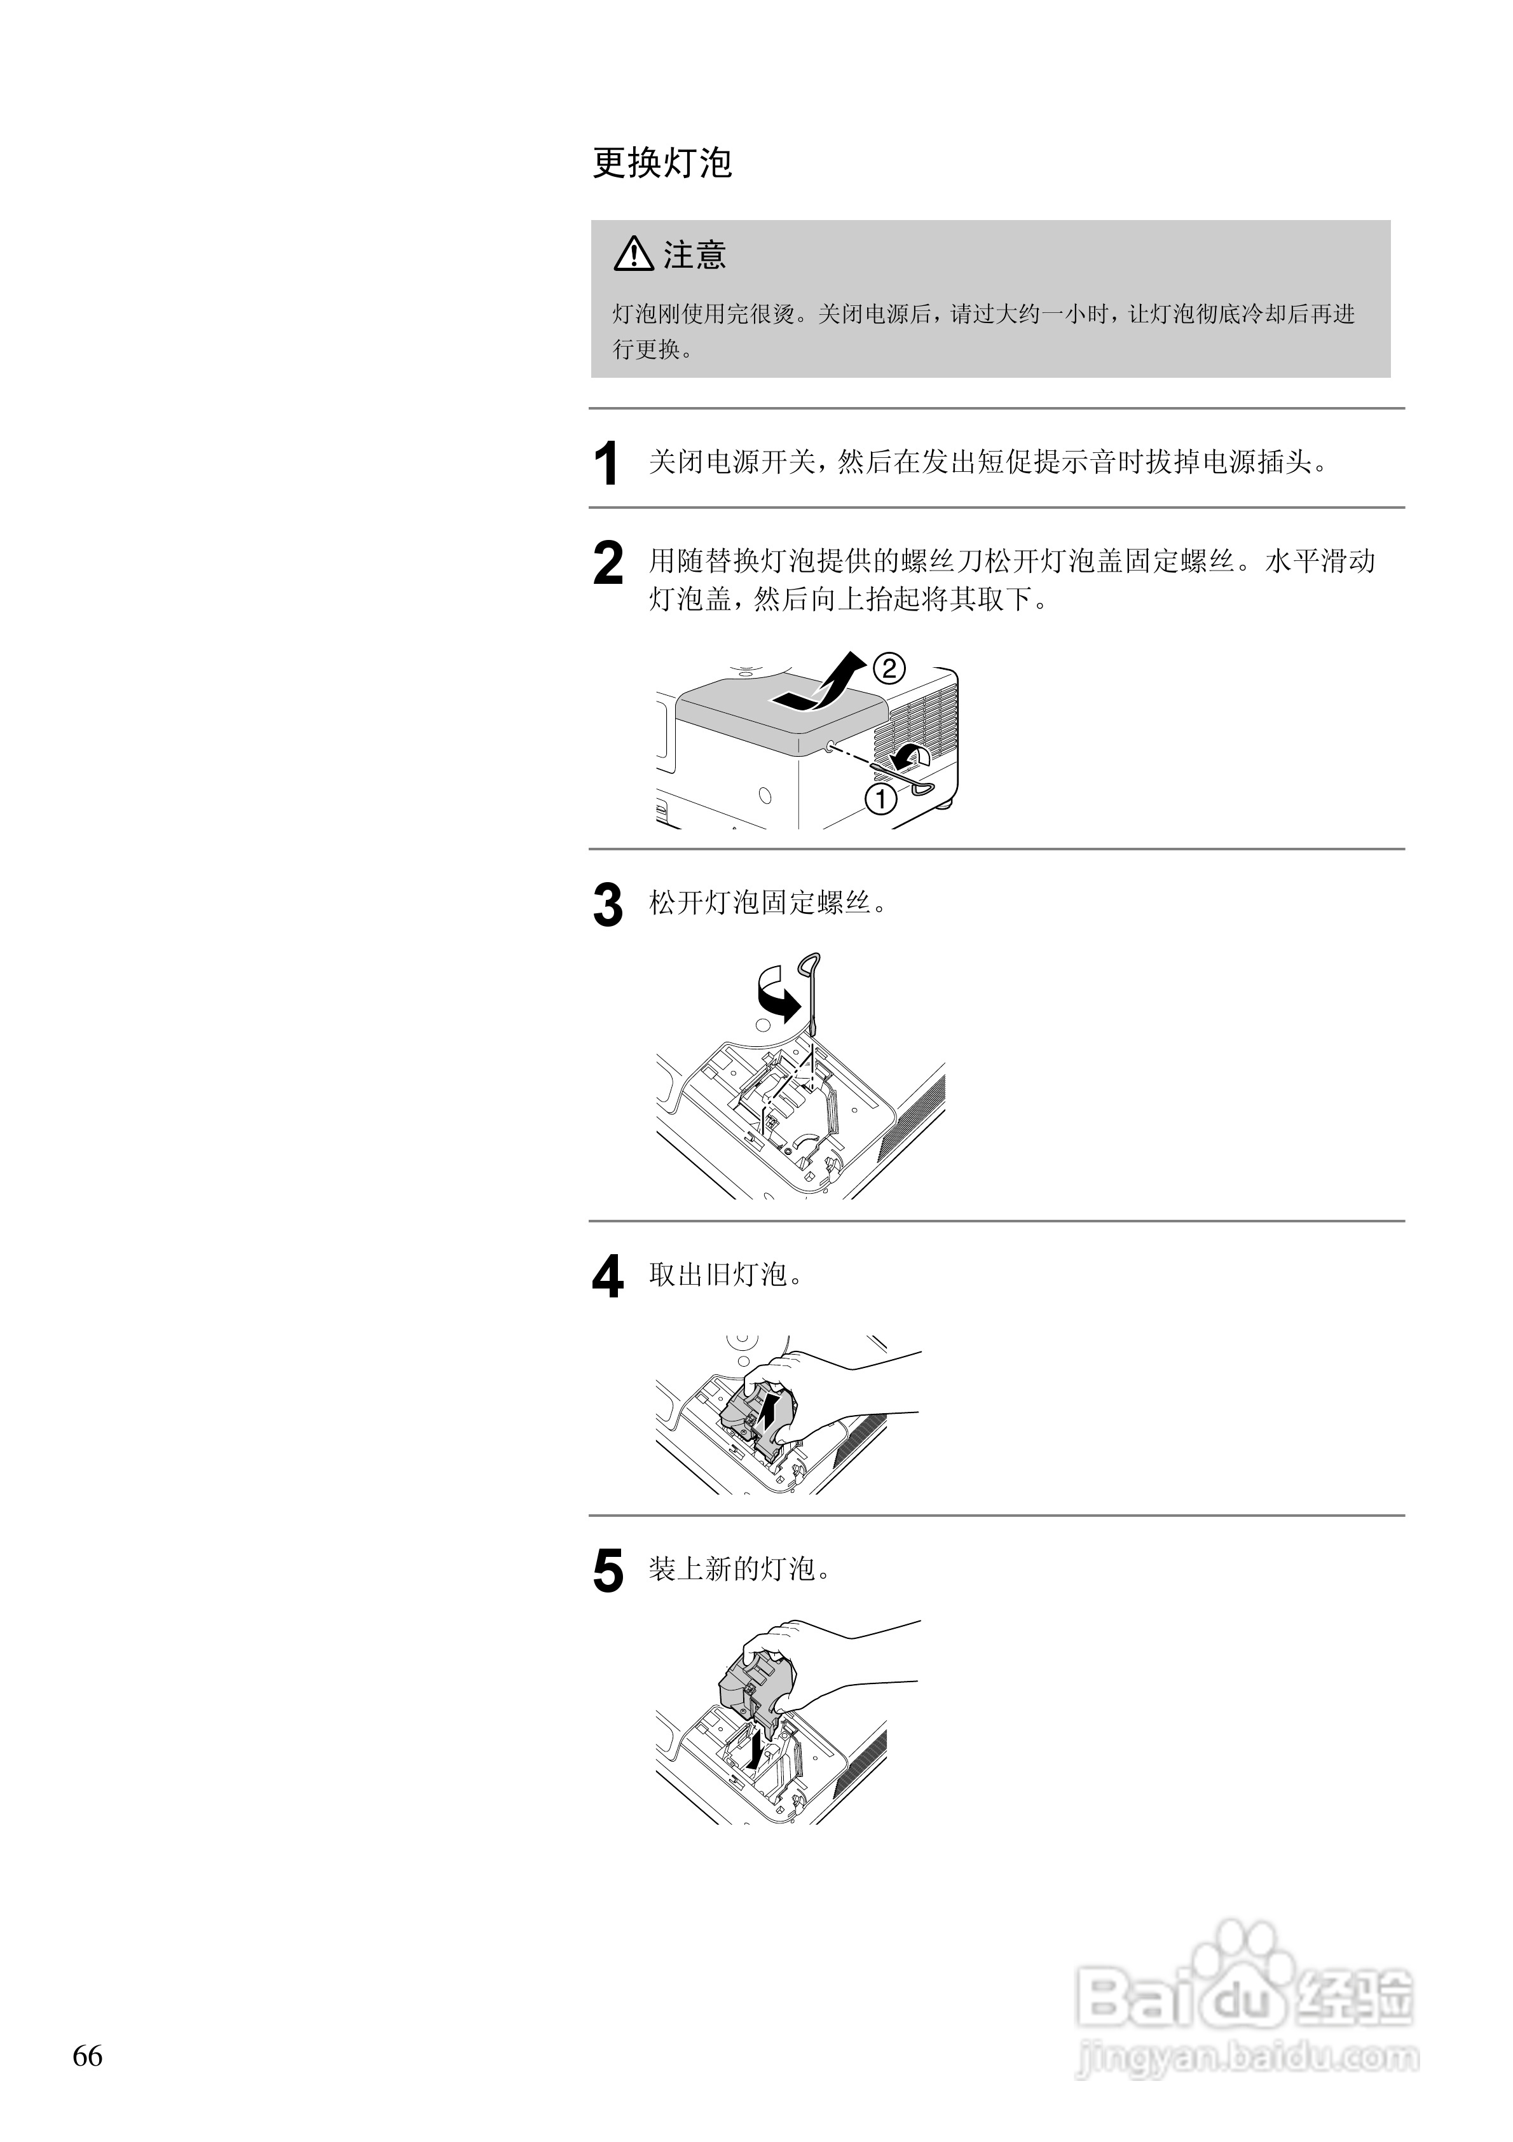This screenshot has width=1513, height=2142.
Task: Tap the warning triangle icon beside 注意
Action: [x=633, y=254]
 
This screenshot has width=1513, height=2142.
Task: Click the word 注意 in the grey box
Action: [x=695, y=254]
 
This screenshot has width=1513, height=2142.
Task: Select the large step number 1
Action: [x=606, y=464]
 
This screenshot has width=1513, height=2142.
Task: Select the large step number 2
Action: [x=608, y=563]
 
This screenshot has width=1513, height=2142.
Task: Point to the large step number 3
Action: [x=608, y=905]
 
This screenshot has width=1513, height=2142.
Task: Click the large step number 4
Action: [x=608, y=1277]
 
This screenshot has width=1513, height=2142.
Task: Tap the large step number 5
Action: [x=608, y=1571]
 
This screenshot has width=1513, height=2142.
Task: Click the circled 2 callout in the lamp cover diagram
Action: [x=888, y=668]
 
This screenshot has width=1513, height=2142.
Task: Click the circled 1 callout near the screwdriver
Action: [x=880, y=799]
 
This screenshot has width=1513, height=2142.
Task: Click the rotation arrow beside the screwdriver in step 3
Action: [x=776, y=995]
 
